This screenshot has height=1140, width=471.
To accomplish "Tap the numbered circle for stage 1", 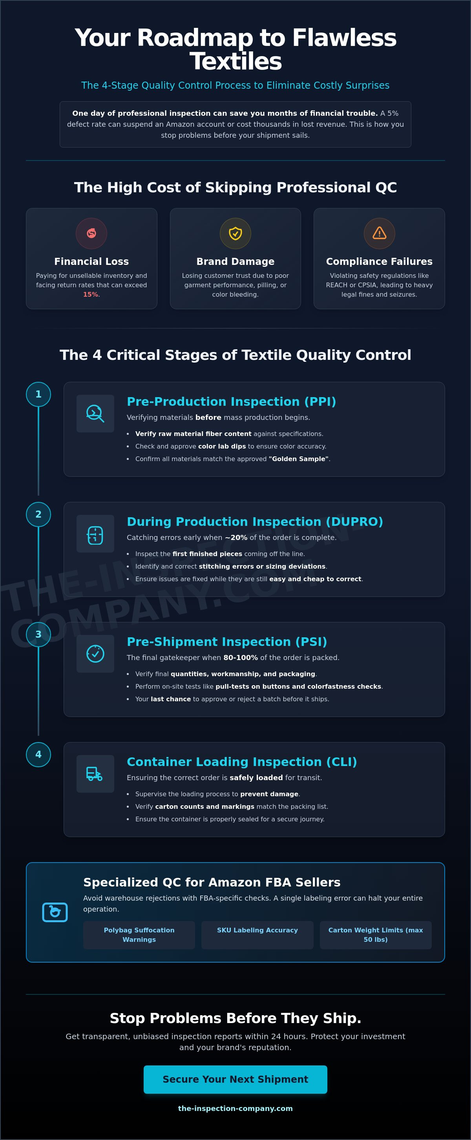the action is pos(38,394).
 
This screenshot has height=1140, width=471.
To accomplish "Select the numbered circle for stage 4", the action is pos(38,755).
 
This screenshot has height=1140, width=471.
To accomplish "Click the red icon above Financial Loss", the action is pos(91,233).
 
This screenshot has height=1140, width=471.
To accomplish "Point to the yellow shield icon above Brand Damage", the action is pos(235,233).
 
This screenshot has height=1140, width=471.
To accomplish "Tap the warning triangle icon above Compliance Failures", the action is pos(379,233).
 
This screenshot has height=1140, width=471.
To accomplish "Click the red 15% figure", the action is pos(91,295).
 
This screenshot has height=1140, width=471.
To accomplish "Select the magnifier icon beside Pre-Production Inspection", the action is pos(95,413).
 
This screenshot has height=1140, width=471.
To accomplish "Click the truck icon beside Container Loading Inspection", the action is pos(95,773).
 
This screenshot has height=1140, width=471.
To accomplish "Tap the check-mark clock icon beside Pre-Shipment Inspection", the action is pos(95,654).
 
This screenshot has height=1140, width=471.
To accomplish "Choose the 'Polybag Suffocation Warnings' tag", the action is pos(139,935).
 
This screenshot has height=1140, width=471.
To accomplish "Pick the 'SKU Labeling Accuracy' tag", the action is pos(257,930).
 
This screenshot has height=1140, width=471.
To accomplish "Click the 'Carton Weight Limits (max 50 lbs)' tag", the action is pos(375,935).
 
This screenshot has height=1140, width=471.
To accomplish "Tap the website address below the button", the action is pos(235,1108).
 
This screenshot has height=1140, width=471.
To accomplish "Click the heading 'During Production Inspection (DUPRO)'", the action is pos(254,522).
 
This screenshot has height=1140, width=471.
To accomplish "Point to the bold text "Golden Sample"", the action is pos(299,459).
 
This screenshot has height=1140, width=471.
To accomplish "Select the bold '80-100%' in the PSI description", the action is pos(240,658).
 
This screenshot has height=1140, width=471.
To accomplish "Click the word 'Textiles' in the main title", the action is pos(235,62).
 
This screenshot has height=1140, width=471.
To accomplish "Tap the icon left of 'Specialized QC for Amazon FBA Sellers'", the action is pos(55,912).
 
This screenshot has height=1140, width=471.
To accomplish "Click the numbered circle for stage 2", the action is pos(38,514).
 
